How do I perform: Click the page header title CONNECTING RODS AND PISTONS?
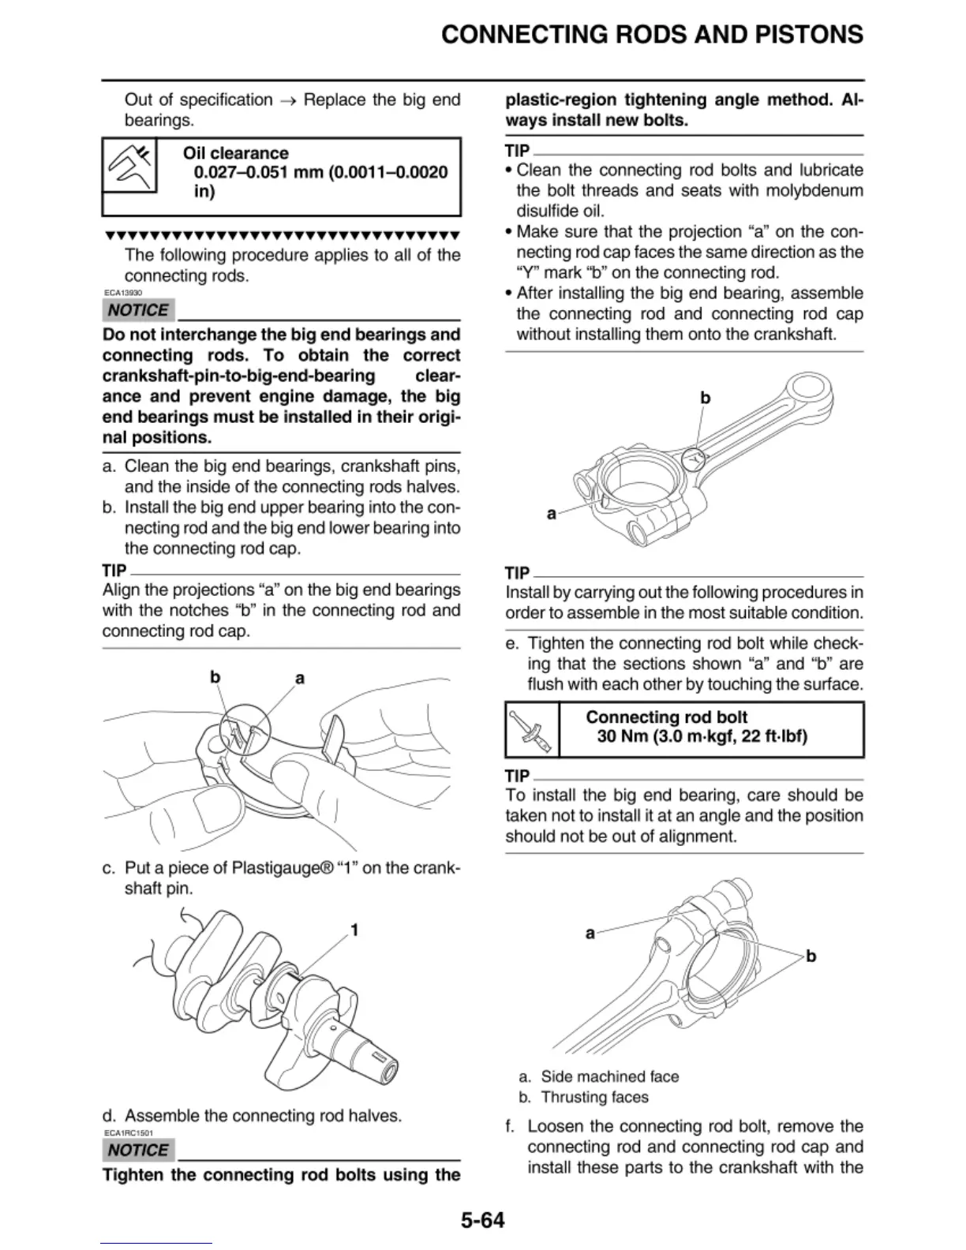click(652, 35)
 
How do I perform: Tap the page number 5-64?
click(482, 1220)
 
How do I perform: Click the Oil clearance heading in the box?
click(236, 153)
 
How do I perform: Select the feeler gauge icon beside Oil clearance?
click(130, 167)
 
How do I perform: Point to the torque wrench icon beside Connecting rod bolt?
click(531, 731)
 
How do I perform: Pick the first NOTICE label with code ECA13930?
click(138, 310)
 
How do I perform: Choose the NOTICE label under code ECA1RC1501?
click(138, 1151)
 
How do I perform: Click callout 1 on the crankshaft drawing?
click(354, 930)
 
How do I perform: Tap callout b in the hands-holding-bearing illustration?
click(215, 677)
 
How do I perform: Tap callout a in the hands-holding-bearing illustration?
click(300, 678)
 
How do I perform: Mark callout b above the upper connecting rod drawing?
click(706, 398)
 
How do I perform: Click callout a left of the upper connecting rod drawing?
click(552, 514)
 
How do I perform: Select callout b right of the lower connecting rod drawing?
click(811, 956)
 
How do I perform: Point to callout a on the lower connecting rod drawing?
click(590, 934)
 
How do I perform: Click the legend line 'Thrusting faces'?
click(594, 1097)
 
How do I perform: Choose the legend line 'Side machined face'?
click(609, 1076)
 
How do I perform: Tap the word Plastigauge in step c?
click(276, 868)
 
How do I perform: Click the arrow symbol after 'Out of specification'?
click(288, 100)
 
